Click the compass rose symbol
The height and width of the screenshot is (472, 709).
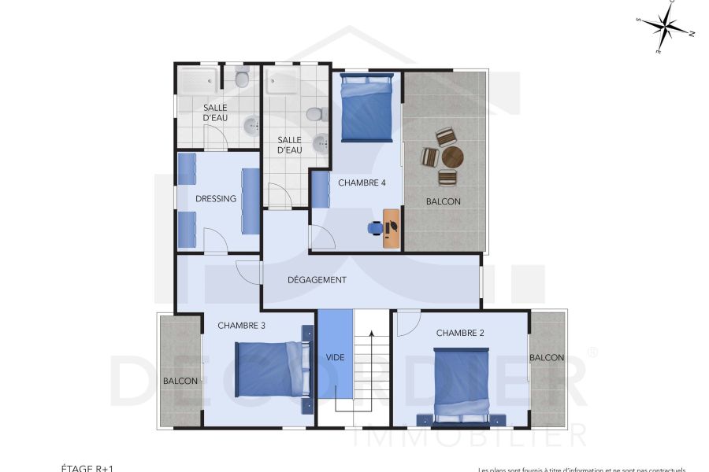pyautogui.click(x=666, y=29)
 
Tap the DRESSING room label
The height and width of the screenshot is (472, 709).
pyautogui.click(x=215, y=199)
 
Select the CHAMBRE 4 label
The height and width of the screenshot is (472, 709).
pyautogui.click(x=362, y=183)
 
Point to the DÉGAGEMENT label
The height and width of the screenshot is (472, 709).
pyautogui.click(x=317, y=279)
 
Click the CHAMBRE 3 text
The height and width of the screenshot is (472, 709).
pyautogui.click(x=241, y=325)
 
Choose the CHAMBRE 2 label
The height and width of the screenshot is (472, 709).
pyautogui.click(x=460, y=333)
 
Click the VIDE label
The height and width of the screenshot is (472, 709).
pyautogui.click(x=335, y=357)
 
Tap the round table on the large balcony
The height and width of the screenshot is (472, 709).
pyautogui.click(x=452, y=157)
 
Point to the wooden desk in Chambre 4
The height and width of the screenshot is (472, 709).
pyautogui.click(x=391, y=228)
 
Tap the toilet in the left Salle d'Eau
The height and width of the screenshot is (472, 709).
pyautogui.click(x=242, y=78)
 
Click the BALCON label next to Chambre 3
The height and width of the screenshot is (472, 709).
pyautogui.click(x=180, y=381)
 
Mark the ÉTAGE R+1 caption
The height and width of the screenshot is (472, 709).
pyautogui.click(x=87, y=468)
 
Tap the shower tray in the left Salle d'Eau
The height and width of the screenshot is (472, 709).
pyautogui.click(x=197, y=80)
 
